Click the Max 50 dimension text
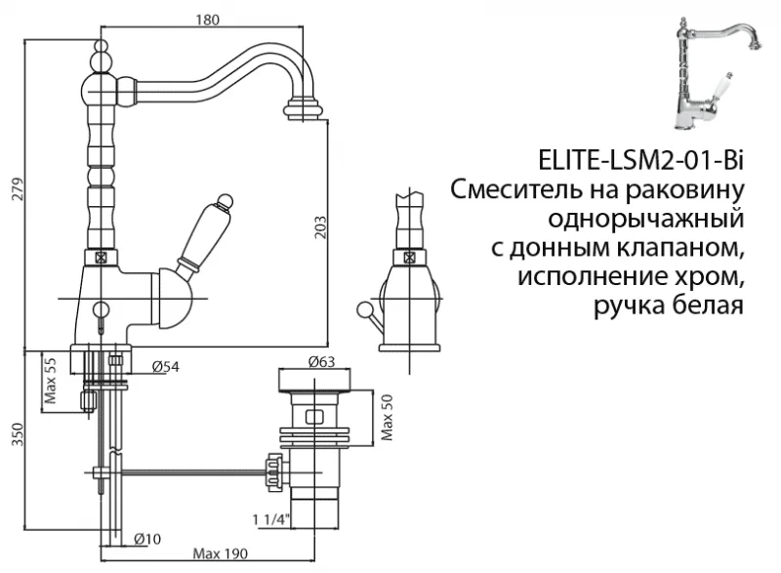point(387,418)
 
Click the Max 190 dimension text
point(216,554)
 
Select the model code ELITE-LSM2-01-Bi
point(640,160)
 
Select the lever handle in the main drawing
point(209,232)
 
